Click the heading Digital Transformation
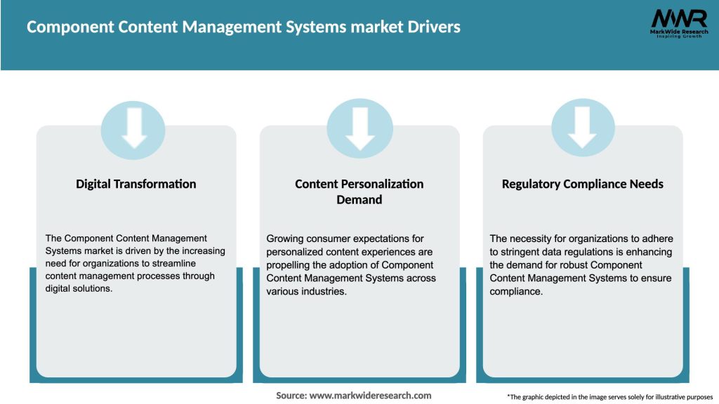136,184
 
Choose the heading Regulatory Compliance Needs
582,184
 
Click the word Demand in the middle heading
359,200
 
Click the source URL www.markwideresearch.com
370,396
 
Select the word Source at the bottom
291,396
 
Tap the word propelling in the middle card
289,264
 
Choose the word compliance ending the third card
516,290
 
